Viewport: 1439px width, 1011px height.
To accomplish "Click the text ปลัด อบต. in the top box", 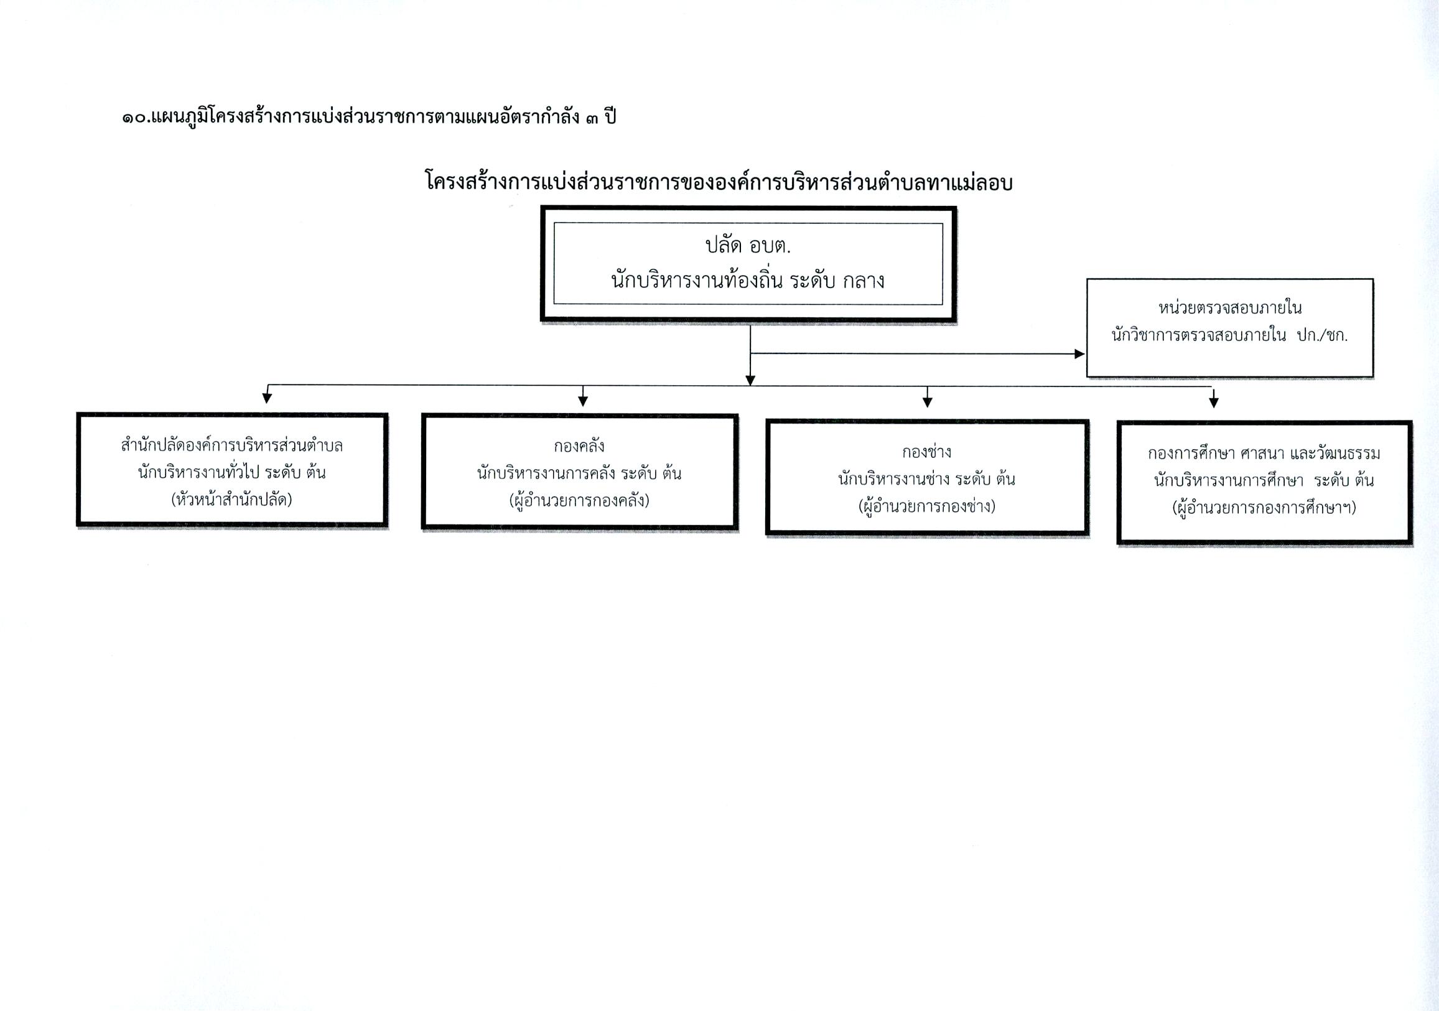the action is [748, 246].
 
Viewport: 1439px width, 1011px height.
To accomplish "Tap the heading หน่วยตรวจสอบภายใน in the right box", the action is [1230, 308].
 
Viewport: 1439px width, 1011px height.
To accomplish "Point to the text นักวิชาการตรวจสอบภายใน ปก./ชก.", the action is [1230, 335].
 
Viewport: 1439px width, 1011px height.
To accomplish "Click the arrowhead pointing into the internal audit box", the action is [1079, 354].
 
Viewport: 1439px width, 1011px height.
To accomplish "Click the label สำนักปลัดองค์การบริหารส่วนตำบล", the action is [232, 445].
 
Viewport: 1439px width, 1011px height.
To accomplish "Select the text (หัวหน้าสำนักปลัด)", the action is [232, 500].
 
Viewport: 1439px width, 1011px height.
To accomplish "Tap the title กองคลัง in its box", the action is [579, 446].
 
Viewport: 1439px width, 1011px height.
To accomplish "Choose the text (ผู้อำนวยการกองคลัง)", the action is [579, 501].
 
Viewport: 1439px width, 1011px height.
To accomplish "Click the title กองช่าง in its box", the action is [927, 452].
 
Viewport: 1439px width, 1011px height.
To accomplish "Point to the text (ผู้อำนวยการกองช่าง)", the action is [927, 506].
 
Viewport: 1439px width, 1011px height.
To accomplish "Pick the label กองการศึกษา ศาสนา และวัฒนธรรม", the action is [1264, 453].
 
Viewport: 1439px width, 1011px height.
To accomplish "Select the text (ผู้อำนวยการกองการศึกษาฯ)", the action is [1264, 508].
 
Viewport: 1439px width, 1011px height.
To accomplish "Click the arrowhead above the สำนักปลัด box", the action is [267, 398].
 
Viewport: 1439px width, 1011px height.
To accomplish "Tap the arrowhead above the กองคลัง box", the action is [583, 401].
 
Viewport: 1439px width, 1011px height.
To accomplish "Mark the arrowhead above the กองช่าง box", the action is [928, 402].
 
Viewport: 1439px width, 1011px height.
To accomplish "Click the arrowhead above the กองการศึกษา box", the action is [1214, 403].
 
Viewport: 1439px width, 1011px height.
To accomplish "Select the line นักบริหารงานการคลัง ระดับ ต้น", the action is [579, 473].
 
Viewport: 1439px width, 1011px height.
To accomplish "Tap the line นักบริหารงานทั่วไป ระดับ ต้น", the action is [232, 472].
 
